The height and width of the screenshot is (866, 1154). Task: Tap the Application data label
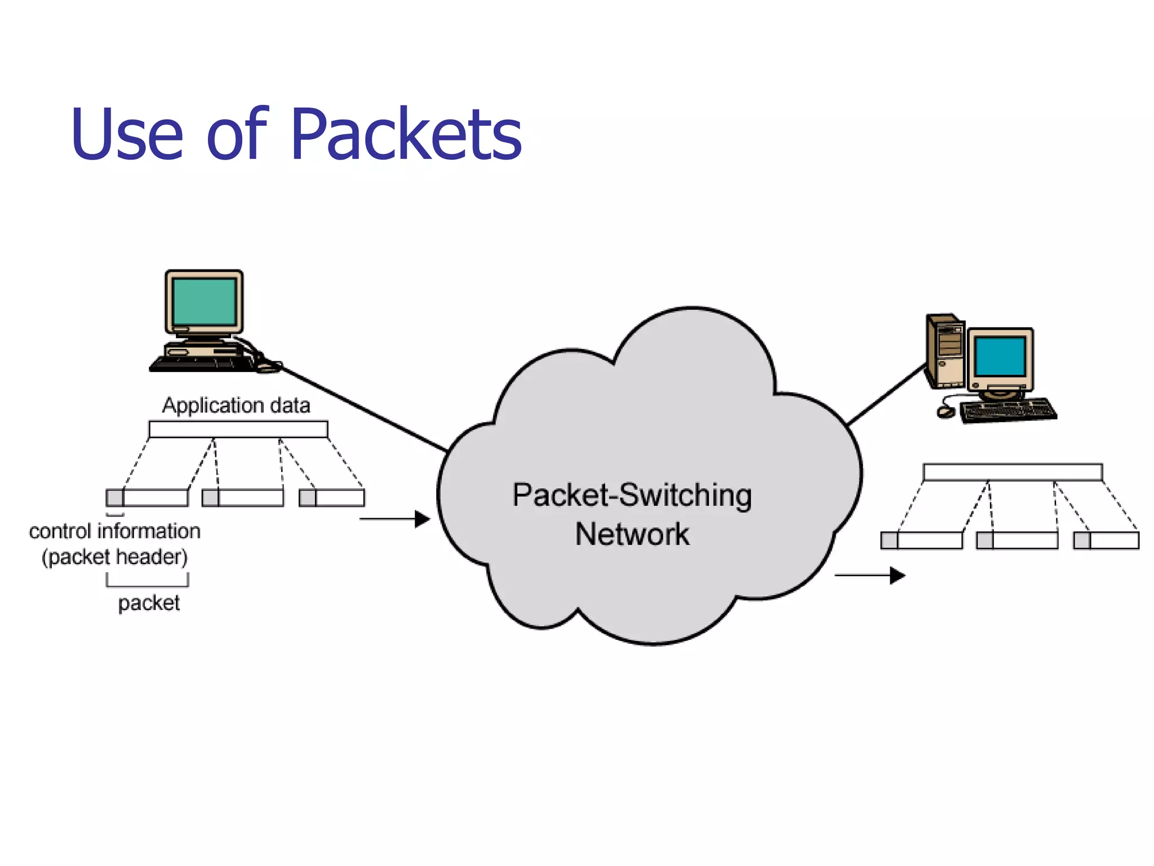[236, 405]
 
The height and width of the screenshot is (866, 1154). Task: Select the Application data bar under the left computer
[238, 429]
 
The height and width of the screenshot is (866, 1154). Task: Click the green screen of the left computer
[204, 301]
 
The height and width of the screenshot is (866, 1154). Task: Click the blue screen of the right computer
[1000, 356]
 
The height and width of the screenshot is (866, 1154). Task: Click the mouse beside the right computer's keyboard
[946, 412]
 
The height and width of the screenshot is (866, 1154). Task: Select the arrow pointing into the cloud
[395, 519]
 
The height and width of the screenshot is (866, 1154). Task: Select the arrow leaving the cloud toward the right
[870, 576]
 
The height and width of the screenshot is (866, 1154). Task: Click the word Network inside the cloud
[632, 534]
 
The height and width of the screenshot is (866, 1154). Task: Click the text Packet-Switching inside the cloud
[632, 496]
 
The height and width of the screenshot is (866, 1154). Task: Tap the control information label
[115, 531]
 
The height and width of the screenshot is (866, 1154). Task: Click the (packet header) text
[115, 557]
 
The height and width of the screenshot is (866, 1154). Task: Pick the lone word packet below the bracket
[149, 603]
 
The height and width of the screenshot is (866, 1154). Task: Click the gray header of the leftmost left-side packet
[115, 498]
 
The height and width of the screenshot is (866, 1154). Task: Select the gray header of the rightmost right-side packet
[1082, 540]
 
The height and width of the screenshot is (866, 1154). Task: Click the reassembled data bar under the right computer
[1013, 472]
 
